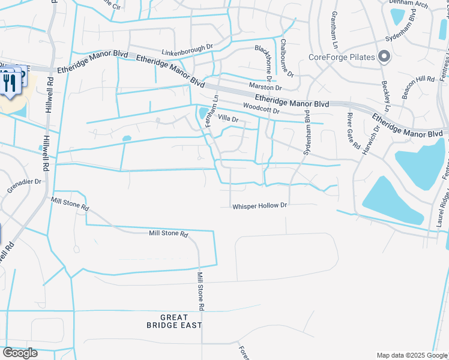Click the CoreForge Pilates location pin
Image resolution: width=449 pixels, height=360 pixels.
[385, 58]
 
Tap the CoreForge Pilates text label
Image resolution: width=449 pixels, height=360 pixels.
[342, 58]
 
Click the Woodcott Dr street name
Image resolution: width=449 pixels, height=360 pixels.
[261, 109]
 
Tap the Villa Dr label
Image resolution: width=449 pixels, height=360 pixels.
[228, 119]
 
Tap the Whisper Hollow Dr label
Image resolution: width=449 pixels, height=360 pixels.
[261, 206]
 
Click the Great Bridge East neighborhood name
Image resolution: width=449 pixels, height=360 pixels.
[174, 321]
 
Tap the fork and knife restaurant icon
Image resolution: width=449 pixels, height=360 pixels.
[8, 82]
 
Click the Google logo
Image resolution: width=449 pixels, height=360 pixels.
[20, 353]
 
